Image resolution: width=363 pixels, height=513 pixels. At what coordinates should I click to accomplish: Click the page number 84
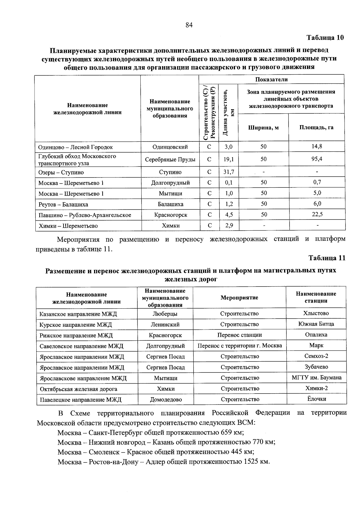pyautogui.click(x=189, y=25)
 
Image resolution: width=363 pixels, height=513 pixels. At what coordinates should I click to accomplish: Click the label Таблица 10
pyautogui.click(x=325, y=38)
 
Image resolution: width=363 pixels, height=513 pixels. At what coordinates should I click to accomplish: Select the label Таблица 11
pyautogui.click(x=326, y=258)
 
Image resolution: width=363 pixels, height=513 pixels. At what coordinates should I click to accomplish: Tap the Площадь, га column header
pyautogui.click(x=316, y=128)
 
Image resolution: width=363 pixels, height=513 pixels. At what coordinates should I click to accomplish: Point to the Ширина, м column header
pyautogui.click(x=263, y=128)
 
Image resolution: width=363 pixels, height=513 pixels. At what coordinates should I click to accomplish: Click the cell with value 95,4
pyautogui.click(x=316, y=159)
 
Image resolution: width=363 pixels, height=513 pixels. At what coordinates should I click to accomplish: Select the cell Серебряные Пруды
pyautogui.click(x=170, y=160)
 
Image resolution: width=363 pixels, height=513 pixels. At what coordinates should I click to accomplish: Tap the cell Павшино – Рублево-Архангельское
pyautogui.click(x=85, y=215)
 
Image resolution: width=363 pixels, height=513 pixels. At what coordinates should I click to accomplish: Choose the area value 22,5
pyautogui.click(x=317, y=214)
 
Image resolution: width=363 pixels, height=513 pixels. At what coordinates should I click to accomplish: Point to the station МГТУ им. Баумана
pyautogui.click(x=316, y=378)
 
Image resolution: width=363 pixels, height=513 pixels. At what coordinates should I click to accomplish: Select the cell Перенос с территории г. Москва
pyautogui.click(x=240, y=346)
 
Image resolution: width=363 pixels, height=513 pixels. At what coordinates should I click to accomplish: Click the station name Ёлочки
pyautogui.click(x=316, y=399)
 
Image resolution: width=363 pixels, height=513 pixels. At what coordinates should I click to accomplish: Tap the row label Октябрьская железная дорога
pyautogui.click(x=78, y=389)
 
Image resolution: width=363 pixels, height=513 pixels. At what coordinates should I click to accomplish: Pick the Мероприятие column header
pyautogui.click(x=239, y=298)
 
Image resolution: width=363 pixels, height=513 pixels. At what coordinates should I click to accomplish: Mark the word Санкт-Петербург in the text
pyautogui.click(x=118, y=432)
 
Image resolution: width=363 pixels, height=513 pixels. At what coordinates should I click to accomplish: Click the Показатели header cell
pyautogui.click(x=271, y=80)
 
